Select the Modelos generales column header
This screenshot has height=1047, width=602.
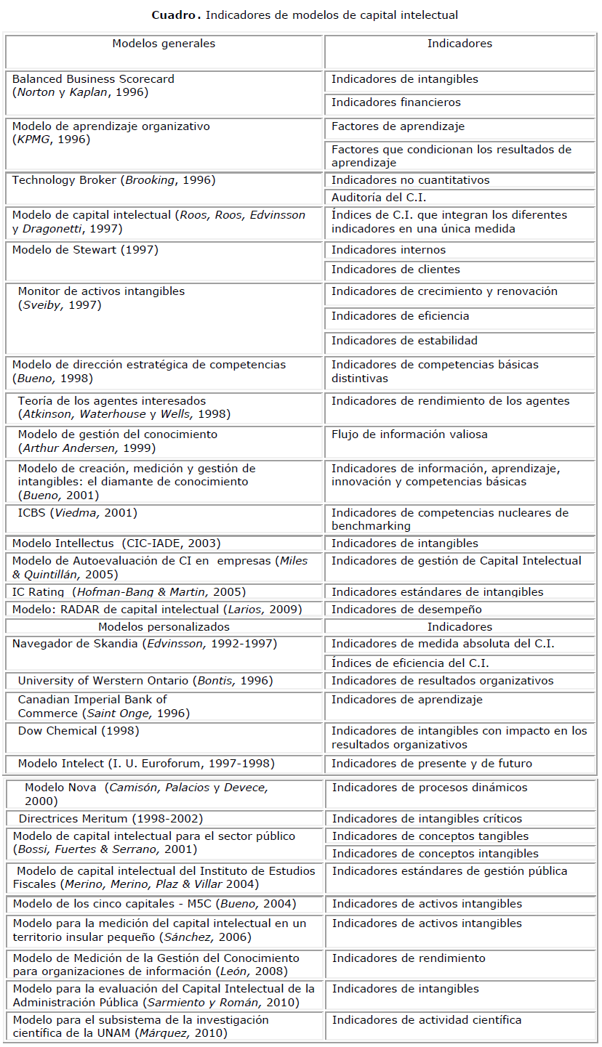click(x=164, y=44)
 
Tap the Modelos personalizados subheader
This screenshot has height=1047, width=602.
click(x=164, y=626)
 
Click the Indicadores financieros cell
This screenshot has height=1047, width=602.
click(x=396, y=102)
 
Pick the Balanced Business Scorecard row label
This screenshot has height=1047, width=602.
click(x=93, y=79)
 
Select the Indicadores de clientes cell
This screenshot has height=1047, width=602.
click(x=396, y=270)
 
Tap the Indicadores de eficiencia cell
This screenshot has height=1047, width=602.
click(x=400, y=316)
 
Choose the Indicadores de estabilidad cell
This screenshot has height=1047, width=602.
click(x=404, y=341)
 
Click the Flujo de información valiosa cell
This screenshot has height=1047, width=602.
click(x=409, y=434)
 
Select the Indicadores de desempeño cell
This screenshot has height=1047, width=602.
click(x=406, y=609)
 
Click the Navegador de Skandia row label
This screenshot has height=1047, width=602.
click(x=145, y=644)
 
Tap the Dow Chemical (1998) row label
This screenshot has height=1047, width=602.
click(x=79, y=731)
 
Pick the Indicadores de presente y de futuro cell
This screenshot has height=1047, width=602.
click(x=432, y=764)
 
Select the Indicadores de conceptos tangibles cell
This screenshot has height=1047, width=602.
click(x=430, y=836)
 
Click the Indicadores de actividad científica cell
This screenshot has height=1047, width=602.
click(x=427, y=1020)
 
